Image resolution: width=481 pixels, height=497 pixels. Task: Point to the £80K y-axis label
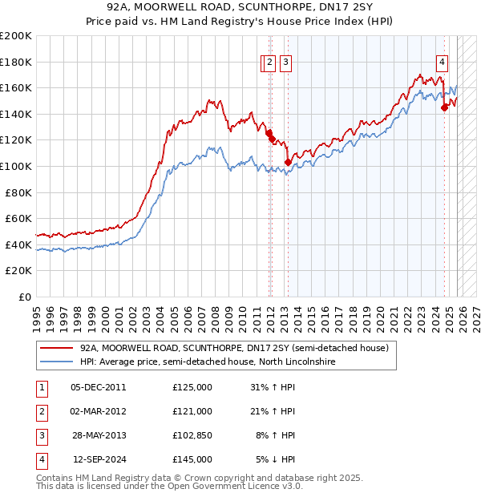click(x=18, y=192)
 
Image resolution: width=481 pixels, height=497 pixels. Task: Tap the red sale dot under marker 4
click(x=444, y=108)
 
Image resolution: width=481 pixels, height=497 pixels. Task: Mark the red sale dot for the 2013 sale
click(x=288, y=163)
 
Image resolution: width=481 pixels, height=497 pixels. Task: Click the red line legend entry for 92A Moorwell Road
click(x=234, y=349)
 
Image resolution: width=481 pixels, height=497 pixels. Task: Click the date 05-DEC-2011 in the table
click(x=99, y=387)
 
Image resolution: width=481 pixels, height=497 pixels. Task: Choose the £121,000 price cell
click(x=192, y=411)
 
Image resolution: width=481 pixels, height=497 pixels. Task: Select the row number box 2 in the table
click(x=41, y=411)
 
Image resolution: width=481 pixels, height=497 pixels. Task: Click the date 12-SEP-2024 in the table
click(x=99, y=459)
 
